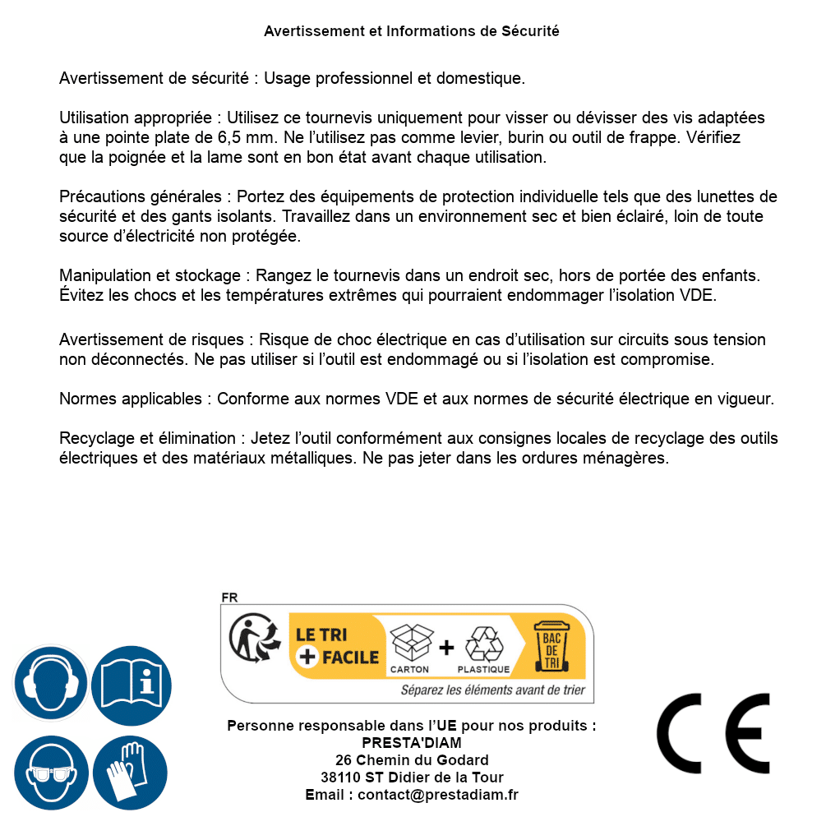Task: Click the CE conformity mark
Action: (x=713, y=733)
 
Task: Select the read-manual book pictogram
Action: (x=132, y=683)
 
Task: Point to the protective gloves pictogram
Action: (x=132, y=773)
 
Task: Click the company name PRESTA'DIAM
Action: (x=412, y=743)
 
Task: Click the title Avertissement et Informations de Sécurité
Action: (x=412, y=31)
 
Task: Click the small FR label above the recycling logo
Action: (x=229, y=598)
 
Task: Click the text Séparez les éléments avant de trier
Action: (x=492, y=690)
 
